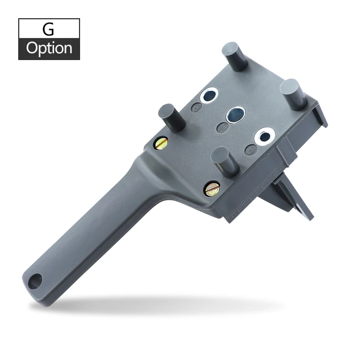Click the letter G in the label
[48, 29]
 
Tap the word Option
[49, 49]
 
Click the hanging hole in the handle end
[35, 281]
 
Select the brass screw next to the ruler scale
[212, 188]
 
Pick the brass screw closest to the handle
[161, 143]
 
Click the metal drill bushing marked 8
[209, 96]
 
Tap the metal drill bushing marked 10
[236, 115]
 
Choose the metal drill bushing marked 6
[265, 136]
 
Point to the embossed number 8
[197, 108]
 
